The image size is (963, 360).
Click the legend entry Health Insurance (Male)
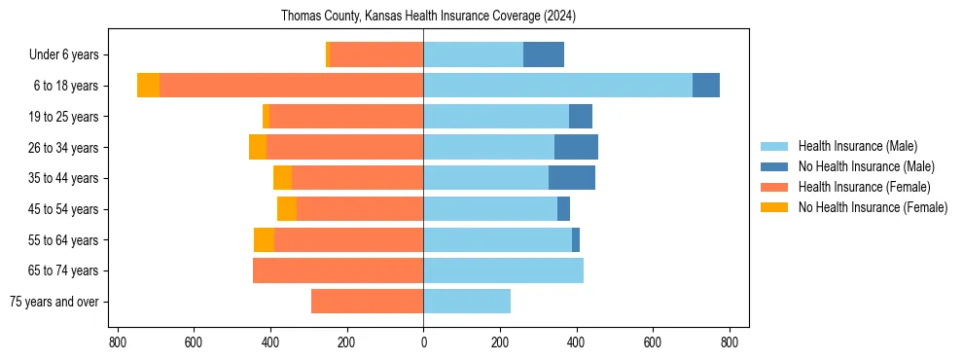tap(857, 147)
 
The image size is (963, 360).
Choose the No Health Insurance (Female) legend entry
tap(873, 207)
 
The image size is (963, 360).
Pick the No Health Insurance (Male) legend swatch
tap(773, 166)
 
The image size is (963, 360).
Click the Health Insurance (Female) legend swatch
tap(773, 187)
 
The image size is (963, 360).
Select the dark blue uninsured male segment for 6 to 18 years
tap(706, 86)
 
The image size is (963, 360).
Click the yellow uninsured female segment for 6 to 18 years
tap(148, 86)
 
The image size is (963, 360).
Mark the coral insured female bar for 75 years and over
tap(367, 302)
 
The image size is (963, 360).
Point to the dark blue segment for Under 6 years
tap(544, 55)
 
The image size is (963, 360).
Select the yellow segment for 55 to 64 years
tap(264, 239)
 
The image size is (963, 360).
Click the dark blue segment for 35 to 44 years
tap(572, 178)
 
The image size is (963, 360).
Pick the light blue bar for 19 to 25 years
tap(496, 117)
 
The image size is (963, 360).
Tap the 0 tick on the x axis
tap(423, 342)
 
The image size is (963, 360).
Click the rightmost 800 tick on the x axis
tap(730, 342)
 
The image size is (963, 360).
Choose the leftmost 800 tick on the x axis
tap(117, 342)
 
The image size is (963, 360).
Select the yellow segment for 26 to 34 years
tap(258, 147)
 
